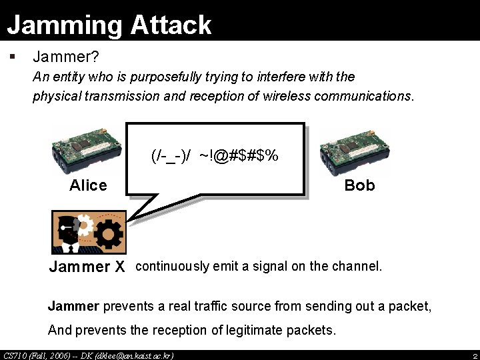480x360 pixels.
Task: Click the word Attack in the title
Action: point(171,25)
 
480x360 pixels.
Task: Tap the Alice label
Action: point(88,185)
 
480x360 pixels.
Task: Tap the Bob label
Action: point(359,185)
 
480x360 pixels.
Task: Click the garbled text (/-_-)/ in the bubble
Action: point(171,156)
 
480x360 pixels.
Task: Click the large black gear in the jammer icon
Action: point(107,233)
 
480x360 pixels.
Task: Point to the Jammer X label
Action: point(87,267)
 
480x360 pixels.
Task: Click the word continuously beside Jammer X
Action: point(172,267)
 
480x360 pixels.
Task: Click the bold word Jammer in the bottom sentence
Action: point(73,307)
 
